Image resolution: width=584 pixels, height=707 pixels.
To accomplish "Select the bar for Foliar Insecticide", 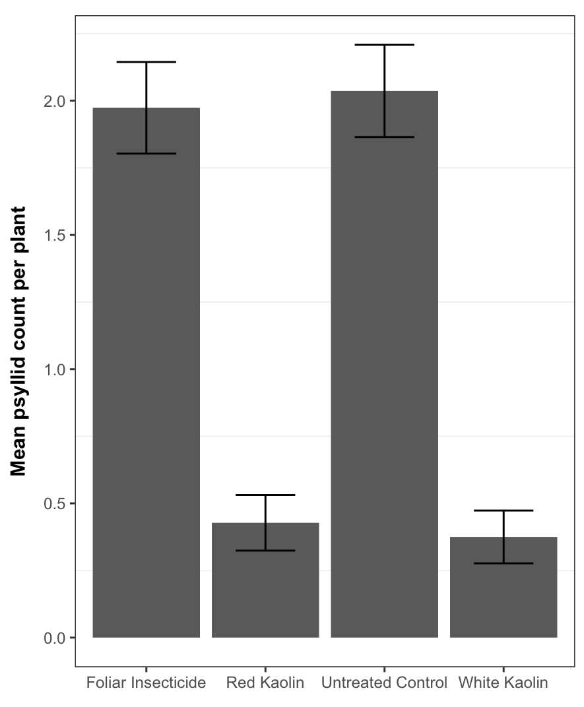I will point(146,396).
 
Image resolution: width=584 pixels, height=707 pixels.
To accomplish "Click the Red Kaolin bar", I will point(265,587).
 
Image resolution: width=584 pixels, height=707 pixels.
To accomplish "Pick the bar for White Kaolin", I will point(503,594).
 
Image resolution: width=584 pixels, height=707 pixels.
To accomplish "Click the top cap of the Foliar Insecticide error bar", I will point(146,62).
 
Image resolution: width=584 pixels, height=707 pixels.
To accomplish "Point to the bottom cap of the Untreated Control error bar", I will point(384,137).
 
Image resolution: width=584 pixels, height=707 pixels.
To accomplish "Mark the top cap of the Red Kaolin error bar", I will point(265,495).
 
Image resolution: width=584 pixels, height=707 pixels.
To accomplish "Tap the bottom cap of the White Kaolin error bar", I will point(503,563).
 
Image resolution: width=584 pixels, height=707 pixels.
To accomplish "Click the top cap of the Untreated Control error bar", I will point(384,45).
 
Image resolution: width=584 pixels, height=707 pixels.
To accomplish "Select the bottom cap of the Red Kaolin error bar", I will point(265,550).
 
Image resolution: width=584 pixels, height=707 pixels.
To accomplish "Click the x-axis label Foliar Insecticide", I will point(146,683).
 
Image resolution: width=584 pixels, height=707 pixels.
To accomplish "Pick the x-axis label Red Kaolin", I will point(265,683).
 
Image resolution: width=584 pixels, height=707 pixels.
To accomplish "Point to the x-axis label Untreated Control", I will point(384,683).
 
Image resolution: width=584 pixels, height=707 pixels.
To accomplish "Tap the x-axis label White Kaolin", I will point(503,683).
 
